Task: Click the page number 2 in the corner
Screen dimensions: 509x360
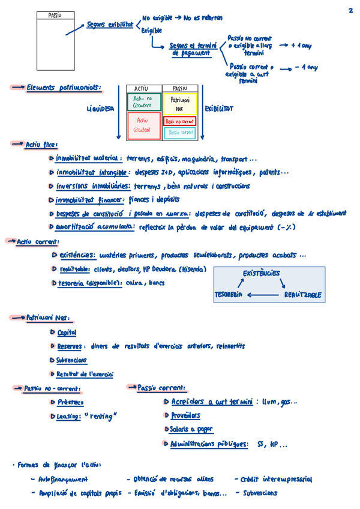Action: [350, 10]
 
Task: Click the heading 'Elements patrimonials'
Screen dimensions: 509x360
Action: [64, 88]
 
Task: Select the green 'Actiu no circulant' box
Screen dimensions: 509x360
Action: [143, 101]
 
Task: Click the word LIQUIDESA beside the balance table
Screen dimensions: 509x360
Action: [100, 109]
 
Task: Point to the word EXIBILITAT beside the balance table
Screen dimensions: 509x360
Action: [219, 109]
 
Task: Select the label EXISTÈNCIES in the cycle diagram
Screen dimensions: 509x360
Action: [261, 273]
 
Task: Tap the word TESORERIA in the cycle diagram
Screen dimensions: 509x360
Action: [228, 295]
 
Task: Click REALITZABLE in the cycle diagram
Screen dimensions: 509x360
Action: [302, 295]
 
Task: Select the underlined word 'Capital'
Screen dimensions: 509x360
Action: [67, 333]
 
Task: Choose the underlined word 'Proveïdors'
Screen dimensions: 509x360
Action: [185, 415]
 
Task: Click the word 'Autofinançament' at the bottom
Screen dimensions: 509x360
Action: [63, 480]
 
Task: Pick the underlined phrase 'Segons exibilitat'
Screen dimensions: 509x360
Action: [110, 25]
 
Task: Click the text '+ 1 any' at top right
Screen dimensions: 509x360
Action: [301, 45]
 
